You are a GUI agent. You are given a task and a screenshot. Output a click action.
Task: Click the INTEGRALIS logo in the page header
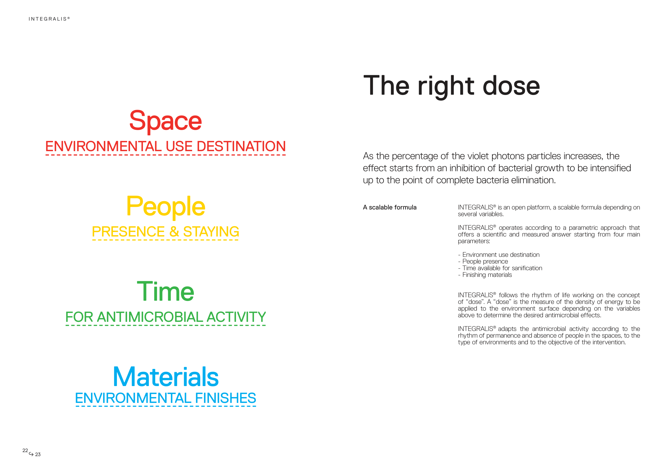[49, 19]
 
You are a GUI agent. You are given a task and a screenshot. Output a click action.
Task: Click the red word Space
[165, 121]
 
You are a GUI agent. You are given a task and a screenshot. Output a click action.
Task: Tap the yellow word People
[165, 207]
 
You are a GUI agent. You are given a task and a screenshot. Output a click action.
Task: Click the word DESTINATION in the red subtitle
[241, 146]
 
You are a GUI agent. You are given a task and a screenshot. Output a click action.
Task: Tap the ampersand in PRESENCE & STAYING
[174, 231]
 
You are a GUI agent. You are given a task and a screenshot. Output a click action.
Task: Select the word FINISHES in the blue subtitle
[226, 398]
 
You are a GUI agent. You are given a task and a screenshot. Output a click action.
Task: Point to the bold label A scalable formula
[390, 207]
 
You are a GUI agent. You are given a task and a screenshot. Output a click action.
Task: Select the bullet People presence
[483, 261]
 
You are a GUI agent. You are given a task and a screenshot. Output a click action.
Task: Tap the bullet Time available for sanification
[500, 268]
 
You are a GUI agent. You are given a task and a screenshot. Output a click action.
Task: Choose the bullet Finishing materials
[485, 275]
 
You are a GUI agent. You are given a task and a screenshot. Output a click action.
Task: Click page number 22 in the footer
[25, 450]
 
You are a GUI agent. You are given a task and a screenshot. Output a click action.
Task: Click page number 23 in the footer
[38, 454]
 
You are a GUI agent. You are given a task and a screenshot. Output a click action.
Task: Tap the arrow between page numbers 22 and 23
[31, 454]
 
